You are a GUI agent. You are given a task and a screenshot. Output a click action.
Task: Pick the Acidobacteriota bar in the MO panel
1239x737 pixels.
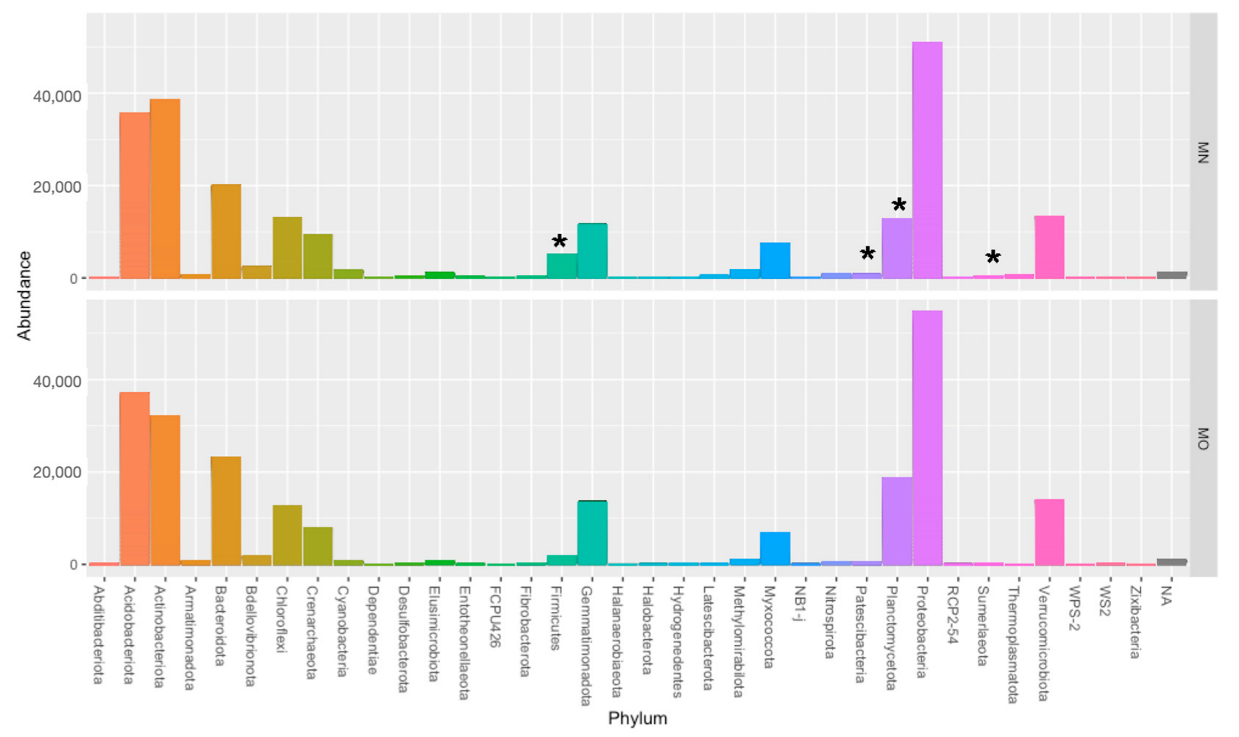(x=135, y=478)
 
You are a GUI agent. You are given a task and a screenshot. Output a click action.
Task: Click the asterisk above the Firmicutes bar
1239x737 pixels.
(x=559, y=242)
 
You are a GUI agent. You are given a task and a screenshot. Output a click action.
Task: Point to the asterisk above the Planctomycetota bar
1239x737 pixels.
(x=898, y=206)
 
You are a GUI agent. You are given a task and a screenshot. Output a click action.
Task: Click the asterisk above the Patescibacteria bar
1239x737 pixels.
(x=867, y=254)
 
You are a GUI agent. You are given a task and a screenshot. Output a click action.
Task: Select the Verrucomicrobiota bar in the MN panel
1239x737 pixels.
(x=1049, y=247)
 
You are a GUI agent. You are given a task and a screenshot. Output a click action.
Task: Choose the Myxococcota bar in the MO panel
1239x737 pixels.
(x=775, y=548)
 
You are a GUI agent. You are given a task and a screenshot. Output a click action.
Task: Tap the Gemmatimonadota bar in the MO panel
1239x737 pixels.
(x=592, y=533)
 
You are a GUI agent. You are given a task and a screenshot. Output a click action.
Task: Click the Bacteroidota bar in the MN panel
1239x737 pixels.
(x=226, y=231)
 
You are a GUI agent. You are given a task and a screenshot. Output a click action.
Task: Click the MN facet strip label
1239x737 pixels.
(x=1203, y=152)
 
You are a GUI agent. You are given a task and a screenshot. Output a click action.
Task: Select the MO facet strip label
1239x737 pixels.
(x=1203, y=438)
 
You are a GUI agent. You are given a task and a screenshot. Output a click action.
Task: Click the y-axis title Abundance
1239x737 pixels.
(x=24, y=296)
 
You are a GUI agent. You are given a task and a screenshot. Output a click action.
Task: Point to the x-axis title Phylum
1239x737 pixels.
(x=637, y=719)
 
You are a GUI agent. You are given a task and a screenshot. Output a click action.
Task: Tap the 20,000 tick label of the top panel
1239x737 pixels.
(x=57, y=187)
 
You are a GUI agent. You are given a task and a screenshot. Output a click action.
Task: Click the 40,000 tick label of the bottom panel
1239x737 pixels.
(x=57, y=381)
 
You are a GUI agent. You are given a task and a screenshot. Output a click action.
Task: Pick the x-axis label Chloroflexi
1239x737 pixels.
(x=282, y=620)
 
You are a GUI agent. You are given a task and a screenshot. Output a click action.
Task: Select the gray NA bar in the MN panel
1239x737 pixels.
(x=1171, y=275)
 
